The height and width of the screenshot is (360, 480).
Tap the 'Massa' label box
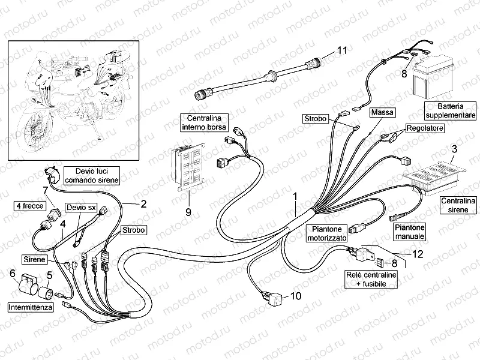(382, 112)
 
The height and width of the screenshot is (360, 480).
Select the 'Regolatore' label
(425, 128)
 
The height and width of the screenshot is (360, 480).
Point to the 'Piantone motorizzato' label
(326, 233)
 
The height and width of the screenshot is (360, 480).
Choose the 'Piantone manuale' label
(410, 232)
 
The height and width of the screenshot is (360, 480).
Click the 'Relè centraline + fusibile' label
(370, 278)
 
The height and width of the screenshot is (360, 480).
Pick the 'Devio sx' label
(81, 207)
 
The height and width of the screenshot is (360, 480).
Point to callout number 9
(188, 211)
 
